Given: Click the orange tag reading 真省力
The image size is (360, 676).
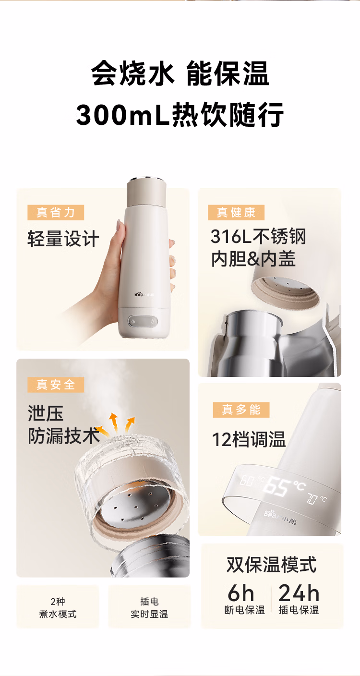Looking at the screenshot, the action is pos(56,213).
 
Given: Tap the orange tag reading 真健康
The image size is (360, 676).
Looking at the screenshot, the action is pos(236,213).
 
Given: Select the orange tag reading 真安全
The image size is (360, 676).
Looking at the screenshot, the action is pos(56,385).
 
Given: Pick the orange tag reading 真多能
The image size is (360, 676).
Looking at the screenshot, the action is pos(241,410).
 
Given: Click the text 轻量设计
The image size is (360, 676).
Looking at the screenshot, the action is pos(63,239).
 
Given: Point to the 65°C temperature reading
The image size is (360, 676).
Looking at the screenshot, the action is pos(283,486).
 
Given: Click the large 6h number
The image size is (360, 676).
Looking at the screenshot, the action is pos(240,593).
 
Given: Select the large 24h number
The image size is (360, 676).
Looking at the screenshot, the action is pos(299,593).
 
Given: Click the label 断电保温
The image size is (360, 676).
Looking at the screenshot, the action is pos(244,610).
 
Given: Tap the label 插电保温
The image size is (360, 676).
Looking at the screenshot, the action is pos(299,610).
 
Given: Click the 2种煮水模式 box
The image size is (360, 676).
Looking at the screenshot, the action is pos(58,607).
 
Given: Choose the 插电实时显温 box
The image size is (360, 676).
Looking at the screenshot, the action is pos(149,607).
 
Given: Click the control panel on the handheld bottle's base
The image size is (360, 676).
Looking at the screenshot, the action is pos(143,321).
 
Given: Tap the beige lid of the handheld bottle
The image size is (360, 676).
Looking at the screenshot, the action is pos(146,193).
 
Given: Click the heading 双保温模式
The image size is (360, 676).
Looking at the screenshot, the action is pos(271,565).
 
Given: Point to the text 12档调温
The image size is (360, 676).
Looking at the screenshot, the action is pos(249,439).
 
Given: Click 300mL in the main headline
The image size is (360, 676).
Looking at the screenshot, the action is pos(122,115).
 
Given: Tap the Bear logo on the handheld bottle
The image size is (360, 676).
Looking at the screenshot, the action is pos(144,294).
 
